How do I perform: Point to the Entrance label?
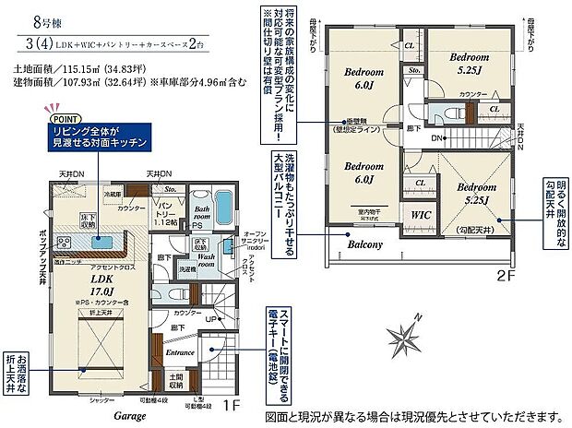[180, 351]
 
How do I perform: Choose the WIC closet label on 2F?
[422, 214]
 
